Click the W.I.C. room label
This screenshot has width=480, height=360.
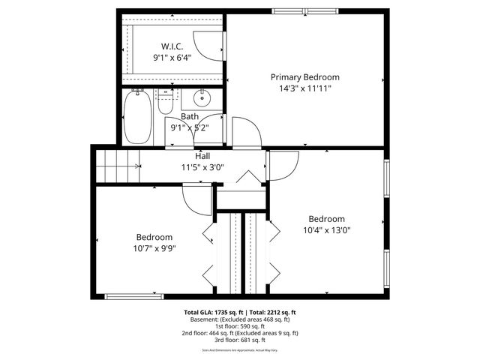172,46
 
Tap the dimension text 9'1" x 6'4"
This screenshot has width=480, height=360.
172,57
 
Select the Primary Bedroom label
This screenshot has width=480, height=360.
305,77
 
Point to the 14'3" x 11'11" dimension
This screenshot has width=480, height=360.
305,88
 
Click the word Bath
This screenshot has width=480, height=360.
189,117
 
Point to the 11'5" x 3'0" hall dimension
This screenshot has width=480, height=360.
202,167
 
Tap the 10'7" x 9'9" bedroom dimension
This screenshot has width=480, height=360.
154,248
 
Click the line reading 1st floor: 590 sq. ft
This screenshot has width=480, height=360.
240,326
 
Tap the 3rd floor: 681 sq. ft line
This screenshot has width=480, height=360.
240,340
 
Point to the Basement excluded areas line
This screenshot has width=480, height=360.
240,319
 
